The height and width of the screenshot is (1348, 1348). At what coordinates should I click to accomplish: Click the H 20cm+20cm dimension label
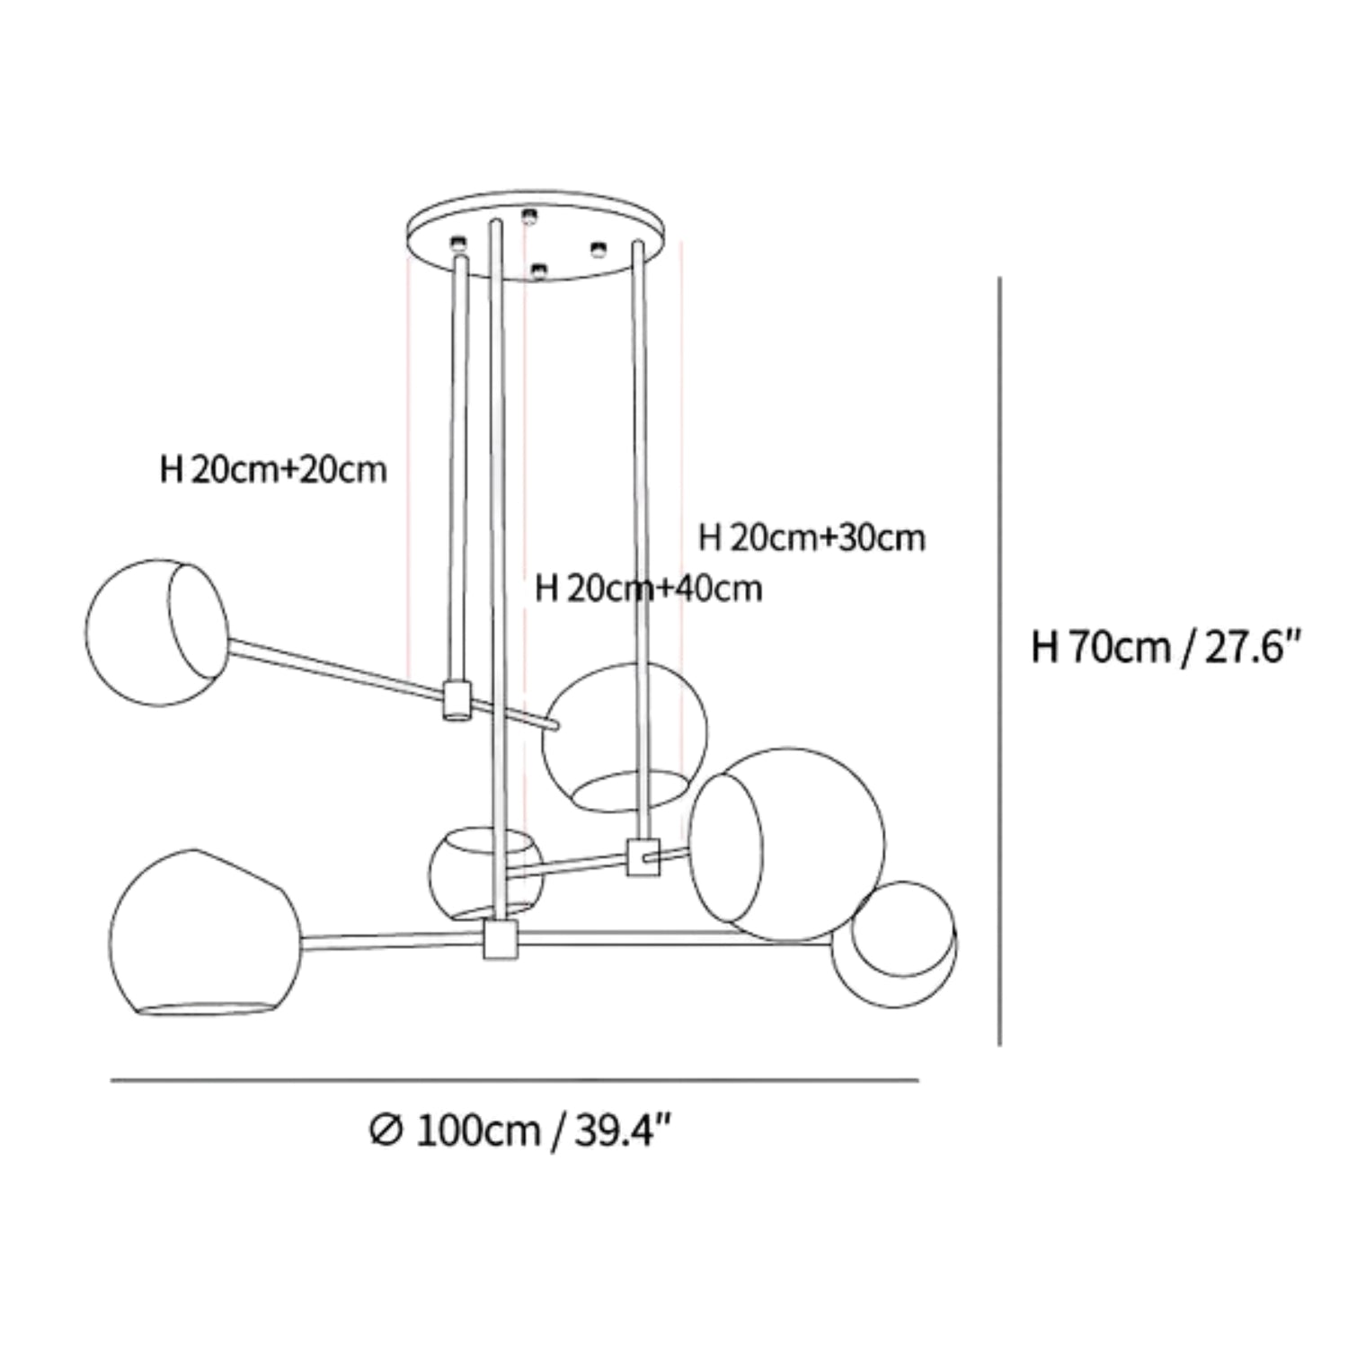(x=273, y=469)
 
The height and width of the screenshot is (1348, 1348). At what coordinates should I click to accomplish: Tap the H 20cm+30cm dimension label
(x=811, y=537)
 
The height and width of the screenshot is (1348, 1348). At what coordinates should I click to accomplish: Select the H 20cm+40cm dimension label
(x=648, y=589)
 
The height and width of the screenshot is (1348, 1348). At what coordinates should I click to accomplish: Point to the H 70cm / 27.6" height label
(x=1166, y=646)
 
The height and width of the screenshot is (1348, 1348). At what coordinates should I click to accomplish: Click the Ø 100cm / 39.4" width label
(x=520, y=1131)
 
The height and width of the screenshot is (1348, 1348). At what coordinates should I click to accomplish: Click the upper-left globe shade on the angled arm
(x=156, y=632)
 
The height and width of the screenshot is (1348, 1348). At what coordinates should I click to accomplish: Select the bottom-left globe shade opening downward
(x=206, y=933)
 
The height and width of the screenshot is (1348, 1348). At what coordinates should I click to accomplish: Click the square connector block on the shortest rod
(x=457, y=700)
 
